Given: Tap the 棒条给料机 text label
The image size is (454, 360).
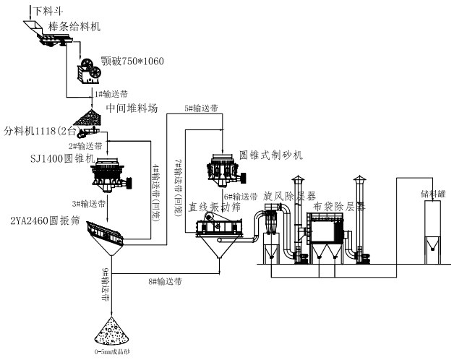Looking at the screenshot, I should click(74, 26).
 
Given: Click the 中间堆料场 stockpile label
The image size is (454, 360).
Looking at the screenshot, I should click(131, 108).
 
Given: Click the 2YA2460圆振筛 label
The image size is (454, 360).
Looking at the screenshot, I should click(40, 218).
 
